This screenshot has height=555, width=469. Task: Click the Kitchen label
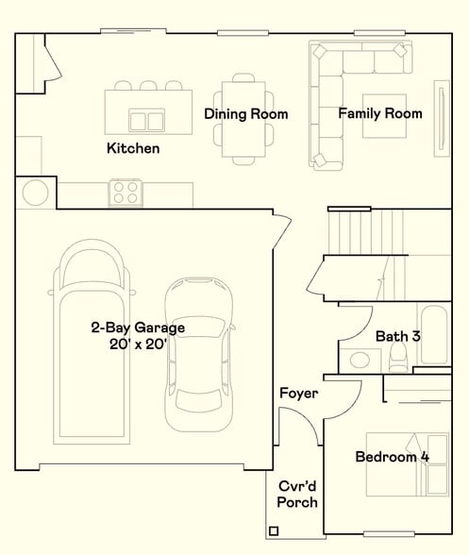click(133, 148)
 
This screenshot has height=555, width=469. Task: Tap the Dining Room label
click(246, 114)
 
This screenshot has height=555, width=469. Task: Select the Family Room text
click(380, 113)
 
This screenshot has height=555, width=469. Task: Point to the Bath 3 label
click(398, 336)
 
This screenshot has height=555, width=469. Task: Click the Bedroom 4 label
click(393, 457)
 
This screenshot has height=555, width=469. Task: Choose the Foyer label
click(299, 393)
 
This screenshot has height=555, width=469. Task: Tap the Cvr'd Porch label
click(297, 495)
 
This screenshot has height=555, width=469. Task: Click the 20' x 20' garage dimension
click(138, 344)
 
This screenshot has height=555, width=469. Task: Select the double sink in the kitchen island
click(146, 121)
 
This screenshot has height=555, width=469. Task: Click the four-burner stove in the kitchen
click(126, 193)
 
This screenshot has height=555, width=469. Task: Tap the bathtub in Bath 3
click(434, 335)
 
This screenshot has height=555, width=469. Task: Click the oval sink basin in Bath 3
click(360, 360)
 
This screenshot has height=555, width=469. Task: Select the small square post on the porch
click(274, 530)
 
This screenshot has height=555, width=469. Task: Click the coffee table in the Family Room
click(384, 116)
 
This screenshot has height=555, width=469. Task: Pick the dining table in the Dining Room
click(243, 119)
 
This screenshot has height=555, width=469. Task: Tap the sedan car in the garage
click(199, 355)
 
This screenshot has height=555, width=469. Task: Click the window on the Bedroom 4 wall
click(389, 534)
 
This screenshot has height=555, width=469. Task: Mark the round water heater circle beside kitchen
click(36, 193)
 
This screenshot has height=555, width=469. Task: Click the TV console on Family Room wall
click(442, 118)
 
